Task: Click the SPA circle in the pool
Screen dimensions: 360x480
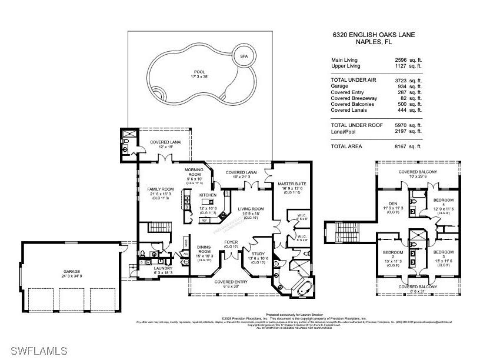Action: (x=243, y=56)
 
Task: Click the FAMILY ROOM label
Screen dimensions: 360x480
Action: (x=159, y=189)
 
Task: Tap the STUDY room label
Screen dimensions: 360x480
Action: (x=259, y=254)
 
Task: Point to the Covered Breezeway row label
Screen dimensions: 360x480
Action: (x=355, y=98)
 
